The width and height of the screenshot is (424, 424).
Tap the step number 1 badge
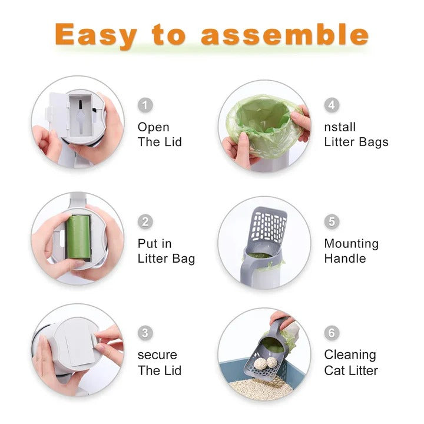(x=145, y=105)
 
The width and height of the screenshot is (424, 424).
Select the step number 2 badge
(x=145, y=222)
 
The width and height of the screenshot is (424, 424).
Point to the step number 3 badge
(x=145, y=333)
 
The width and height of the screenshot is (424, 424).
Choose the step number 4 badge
(x=332, y=105)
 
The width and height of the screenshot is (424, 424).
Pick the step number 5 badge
(x=332, y=222)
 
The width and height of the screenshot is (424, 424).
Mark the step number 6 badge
(x=332, y=333)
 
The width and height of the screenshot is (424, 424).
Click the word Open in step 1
(x=154, y=127)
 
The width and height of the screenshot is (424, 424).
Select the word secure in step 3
(x=158, y=355)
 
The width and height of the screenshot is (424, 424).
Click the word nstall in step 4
(x=340, y=127)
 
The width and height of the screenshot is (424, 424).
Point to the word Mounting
(x=352, y=244)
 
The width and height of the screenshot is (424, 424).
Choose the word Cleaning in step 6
(x=350, y=355)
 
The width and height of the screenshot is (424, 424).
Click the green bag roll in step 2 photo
(x=77, y=236)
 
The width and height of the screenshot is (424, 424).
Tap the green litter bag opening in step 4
(x=262, y=121)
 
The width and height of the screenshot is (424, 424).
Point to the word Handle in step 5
(x=344, y=259)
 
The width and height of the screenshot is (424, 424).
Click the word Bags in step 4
(x=372, y=142)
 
